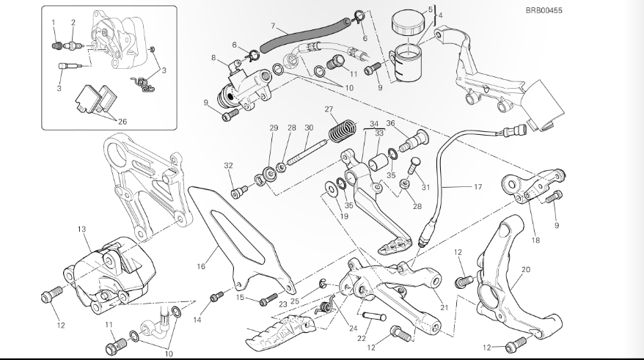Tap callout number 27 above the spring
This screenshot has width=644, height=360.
[x=329, y=110]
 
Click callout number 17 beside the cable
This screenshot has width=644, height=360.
[x=477, y=187]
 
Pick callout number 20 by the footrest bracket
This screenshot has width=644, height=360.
[x=525, y=270]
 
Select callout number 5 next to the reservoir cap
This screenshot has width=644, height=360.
[x=431, y=10]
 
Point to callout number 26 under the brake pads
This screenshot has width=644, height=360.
[x=122, y=122]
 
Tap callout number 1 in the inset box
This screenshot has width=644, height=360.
[x=54, y=22]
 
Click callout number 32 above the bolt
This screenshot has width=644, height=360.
[x=228, y=166]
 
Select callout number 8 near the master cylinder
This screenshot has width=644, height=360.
[x=213, y=57]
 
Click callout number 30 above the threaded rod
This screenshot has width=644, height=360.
[x=309, y=128]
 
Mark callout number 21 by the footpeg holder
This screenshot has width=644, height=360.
[x=444, y=306]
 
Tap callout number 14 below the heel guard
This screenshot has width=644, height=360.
[x=196, y=320]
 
